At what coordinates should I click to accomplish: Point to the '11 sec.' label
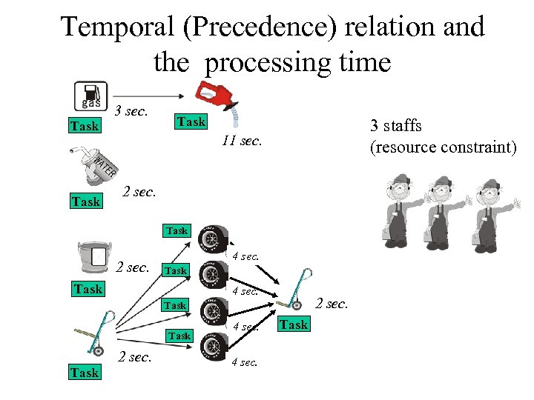pos(242,140)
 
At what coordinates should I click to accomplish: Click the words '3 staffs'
pos(395,126)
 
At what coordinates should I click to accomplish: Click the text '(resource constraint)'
pos(443,147)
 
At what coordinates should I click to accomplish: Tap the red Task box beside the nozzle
pos(191,121)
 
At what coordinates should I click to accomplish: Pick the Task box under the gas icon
pos(84,126)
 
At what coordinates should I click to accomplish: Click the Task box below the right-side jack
pos(294,324)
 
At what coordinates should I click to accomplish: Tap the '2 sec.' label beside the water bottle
pos(139,192)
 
